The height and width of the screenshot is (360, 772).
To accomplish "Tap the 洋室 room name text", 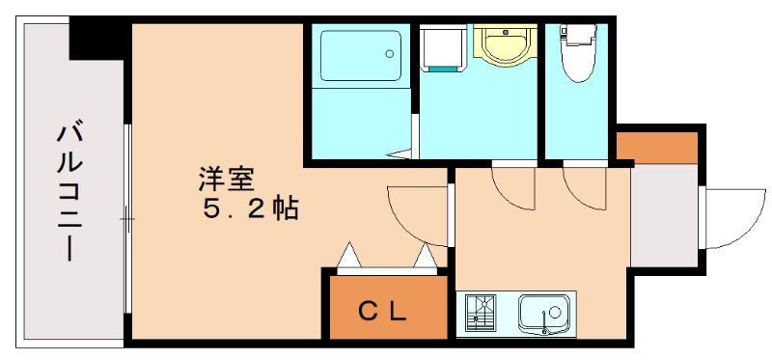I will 228,180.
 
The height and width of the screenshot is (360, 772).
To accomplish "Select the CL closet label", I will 383,311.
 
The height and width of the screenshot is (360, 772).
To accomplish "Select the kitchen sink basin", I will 545,313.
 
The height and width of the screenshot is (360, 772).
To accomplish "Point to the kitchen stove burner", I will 480,313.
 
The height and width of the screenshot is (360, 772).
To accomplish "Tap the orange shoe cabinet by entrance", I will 656,147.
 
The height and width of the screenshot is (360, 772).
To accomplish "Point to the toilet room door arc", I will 585,189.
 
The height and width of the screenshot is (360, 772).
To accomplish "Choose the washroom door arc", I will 512,189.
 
